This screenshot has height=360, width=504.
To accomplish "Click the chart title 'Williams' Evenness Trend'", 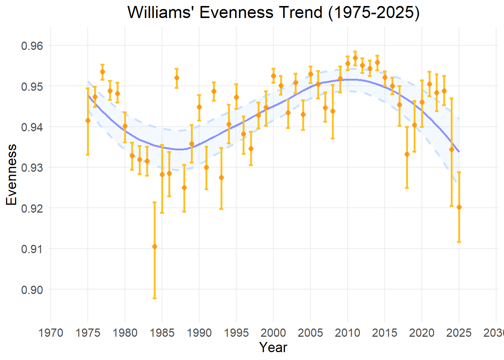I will [x=273, y=12].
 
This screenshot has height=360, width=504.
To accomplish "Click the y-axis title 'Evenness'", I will [x=12, y=175].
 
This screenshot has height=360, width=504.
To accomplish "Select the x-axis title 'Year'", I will [x=273, y=347].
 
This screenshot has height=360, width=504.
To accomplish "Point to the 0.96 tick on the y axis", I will [x=32, y=46].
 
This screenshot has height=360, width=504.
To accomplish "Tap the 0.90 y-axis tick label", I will [x=32, y=289].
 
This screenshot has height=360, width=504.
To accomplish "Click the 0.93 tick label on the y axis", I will [x=32, y=168].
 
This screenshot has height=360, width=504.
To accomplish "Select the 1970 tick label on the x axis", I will [x=51, y=332].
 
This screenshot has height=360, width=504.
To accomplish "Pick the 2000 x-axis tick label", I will [x=273, y=332].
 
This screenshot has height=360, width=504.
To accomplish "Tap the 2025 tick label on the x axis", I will [x=459, y=332].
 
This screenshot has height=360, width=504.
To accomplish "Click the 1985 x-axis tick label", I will [x=162, y=332].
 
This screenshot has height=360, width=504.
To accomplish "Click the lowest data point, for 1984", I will [x=154, y=246].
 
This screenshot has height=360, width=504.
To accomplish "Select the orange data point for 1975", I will [x=88, y=120].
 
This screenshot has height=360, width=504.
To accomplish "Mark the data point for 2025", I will [x=459, y=207].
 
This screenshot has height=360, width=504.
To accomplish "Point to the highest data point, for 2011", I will [x=355, y=58].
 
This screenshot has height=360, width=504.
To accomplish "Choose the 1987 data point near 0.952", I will [x=177, y=78].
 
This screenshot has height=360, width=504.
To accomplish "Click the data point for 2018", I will [x=407, y=154].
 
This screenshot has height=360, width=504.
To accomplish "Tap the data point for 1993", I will [x=221, y=177].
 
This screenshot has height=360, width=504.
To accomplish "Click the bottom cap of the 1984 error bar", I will [x=154, y=298].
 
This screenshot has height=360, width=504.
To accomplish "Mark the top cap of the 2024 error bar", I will [x=451, y=98].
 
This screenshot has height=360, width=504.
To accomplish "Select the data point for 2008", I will [x=333, y=111].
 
